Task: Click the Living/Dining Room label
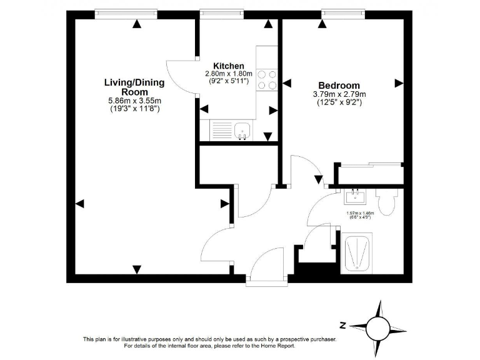click(134, 87)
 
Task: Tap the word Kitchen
click(228, 66)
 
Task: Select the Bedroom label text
click(339, 86)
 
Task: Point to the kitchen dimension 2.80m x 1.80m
click(228, 74)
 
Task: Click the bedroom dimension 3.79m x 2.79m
click(339, 94)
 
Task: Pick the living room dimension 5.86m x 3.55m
click(134, 101)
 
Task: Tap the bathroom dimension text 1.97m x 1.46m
click(359, 213)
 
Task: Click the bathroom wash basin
click(354, 197)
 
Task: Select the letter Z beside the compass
click(342, 325)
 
